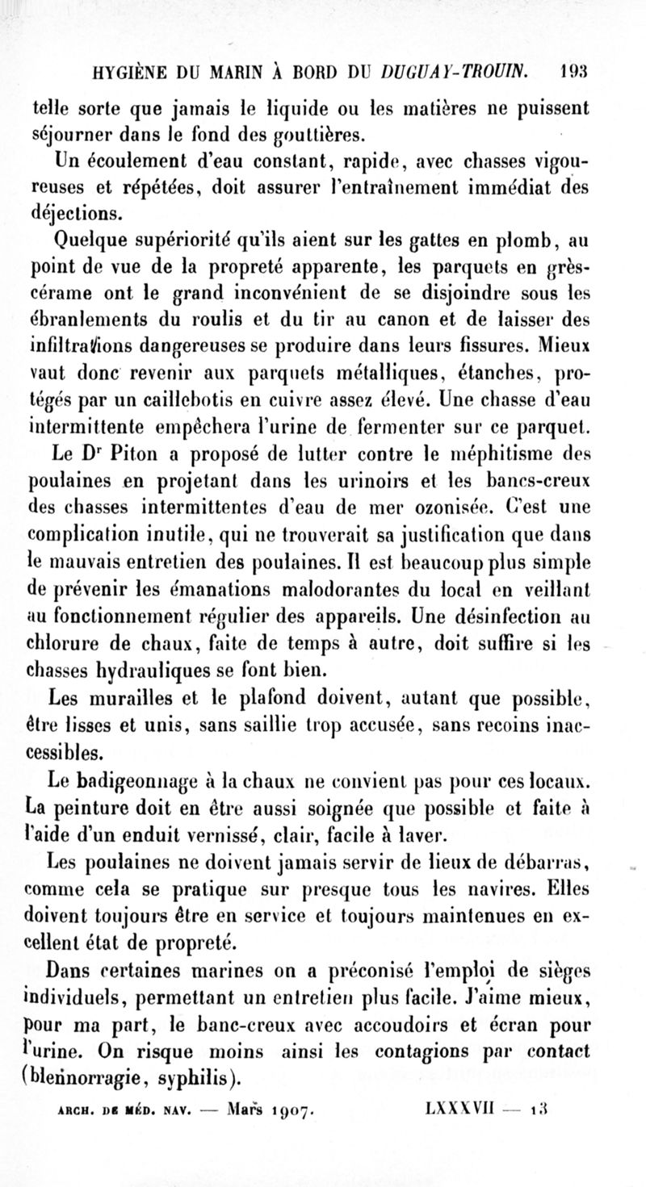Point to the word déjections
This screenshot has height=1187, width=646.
(x=78, y=213)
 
